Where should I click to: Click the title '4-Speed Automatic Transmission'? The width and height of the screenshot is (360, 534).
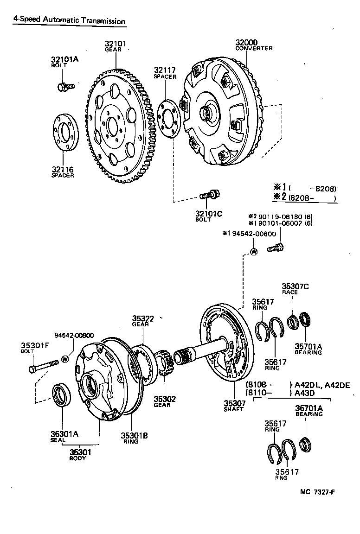69,21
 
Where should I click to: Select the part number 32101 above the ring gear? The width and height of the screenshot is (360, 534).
115,44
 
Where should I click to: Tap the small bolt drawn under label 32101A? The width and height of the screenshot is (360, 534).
65,86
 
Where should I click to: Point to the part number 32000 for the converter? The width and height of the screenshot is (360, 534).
246,43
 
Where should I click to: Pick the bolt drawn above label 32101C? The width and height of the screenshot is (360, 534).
209,195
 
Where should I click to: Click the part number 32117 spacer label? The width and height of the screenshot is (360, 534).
165,70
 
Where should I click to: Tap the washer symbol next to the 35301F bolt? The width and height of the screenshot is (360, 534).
65,358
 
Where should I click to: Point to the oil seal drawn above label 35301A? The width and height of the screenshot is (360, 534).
62,395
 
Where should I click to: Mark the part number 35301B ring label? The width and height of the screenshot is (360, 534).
134,435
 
